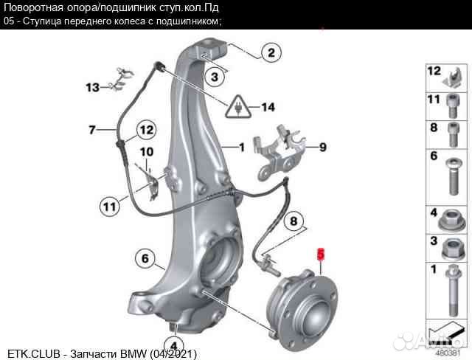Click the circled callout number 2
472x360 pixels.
pyautogui.click(x=271, y=53)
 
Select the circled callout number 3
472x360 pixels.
pyautogui.click(x=214, y=76)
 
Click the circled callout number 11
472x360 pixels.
pyautogui.click(x=110, y=207)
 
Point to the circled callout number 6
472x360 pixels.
pyautogui.click(x=145, y=258)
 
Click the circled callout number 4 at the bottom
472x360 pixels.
pyautogui.click(x=173, y=345)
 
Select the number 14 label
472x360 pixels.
pyautogui.click(x=267, y=108)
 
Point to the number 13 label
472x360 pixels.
pyautogui.click(x=91, y=88)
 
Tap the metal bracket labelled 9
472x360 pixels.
pyautogui.click(x=280, y=151)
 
